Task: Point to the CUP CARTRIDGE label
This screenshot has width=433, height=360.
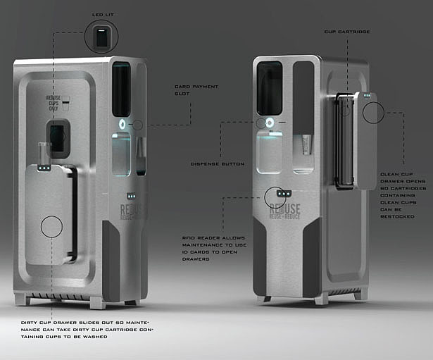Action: [x=346, y=32]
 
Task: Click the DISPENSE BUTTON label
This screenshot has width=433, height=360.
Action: [x=218, y=164]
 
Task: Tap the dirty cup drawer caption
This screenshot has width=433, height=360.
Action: [x=85, y=330]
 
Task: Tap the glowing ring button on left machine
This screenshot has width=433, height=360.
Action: [x=123, y=125]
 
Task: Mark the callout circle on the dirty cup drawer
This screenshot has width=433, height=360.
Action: [x=51, y=226]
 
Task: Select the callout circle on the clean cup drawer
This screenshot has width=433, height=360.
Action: [x=373, y=112]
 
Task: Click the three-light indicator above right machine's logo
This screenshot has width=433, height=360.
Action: [x=284, y=193]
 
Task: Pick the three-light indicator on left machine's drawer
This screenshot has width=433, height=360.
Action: [x=43, y=168]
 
